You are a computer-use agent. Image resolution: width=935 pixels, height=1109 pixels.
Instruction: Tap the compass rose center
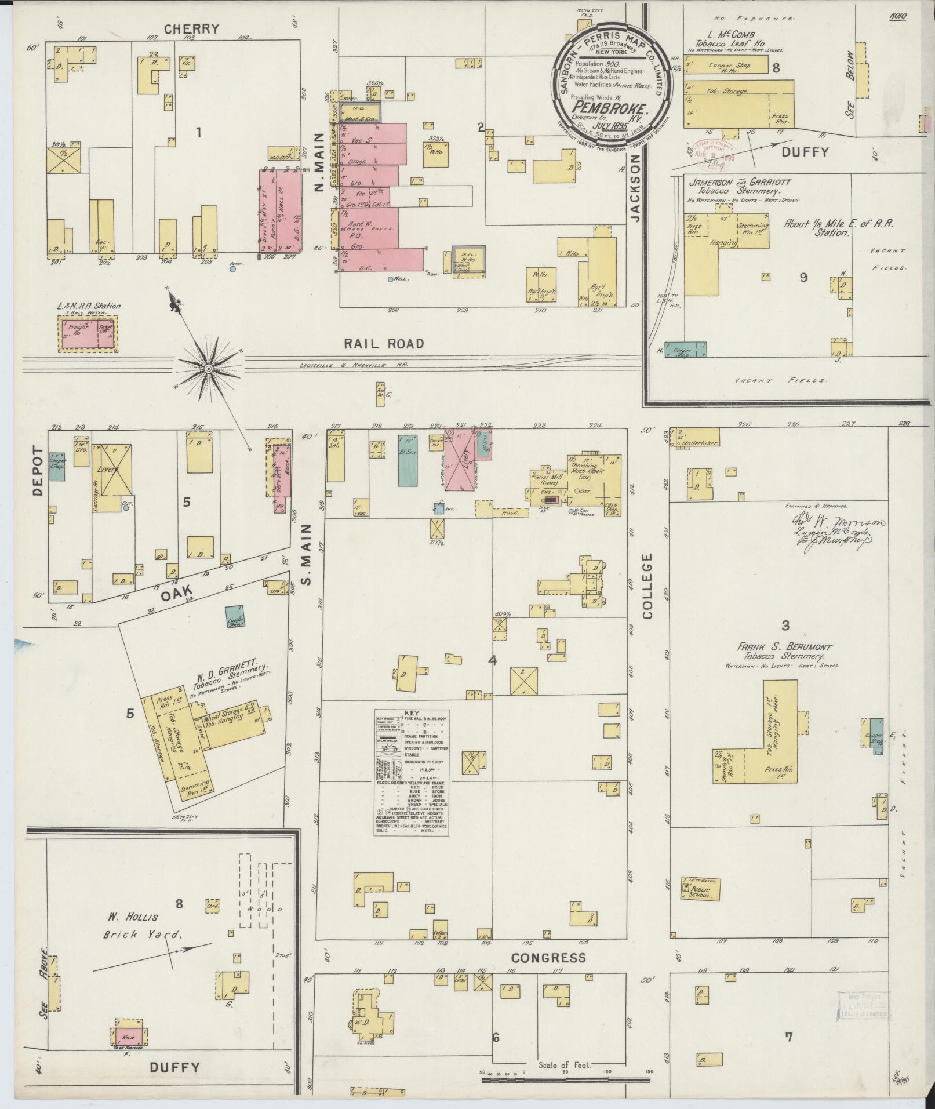(208, 369)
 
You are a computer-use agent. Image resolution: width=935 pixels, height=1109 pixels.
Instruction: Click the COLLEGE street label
(647, 586)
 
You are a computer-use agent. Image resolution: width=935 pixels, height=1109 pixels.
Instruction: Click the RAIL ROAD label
(383, 343)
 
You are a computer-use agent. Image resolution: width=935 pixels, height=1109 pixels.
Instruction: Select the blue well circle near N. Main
(391, 280)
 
